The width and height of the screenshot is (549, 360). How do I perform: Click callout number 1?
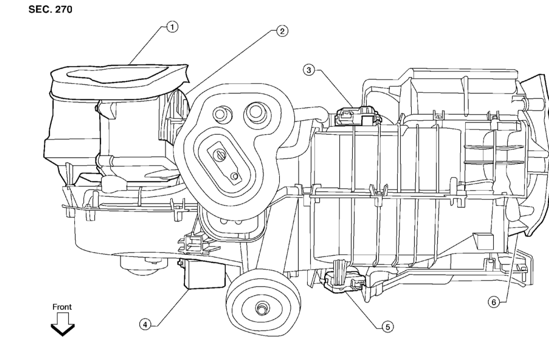coord(172,27)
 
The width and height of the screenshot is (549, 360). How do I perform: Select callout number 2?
coord(282,31)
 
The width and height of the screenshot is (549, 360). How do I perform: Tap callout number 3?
coord(309,70)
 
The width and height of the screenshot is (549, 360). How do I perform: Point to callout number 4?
coord(145,325)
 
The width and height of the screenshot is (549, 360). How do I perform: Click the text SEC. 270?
coord(51,10)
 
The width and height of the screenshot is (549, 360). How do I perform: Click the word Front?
coord(62,307)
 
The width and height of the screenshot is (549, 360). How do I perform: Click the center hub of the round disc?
coord(262,309)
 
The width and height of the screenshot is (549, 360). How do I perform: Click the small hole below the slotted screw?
coord(234,175)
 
